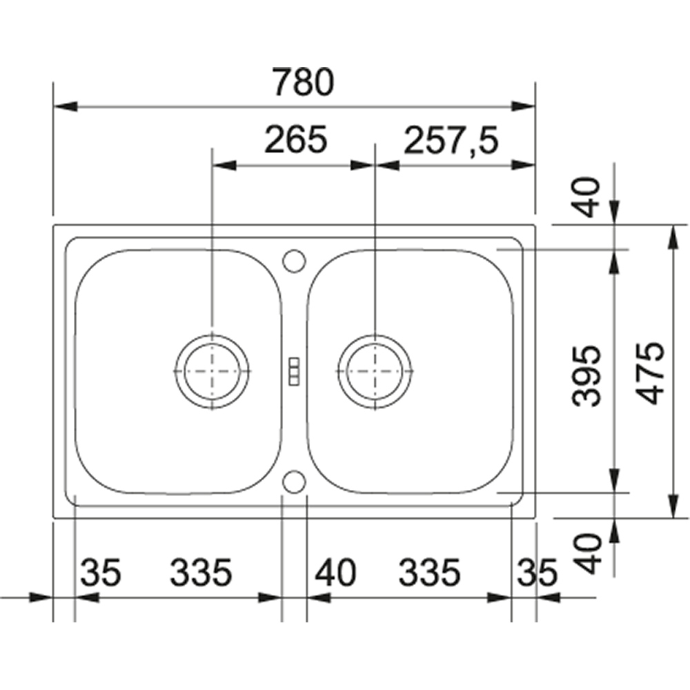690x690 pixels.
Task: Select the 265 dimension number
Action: click(295, 141)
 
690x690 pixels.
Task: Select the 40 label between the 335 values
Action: click(336, 572)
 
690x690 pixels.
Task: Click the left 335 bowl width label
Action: click(200, 572)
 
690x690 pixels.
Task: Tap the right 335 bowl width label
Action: click(428, 572)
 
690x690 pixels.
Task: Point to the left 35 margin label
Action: click(101, 572)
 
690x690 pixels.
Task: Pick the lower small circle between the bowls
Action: click(294, 482)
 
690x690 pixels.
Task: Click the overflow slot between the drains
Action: click(294, 370)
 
